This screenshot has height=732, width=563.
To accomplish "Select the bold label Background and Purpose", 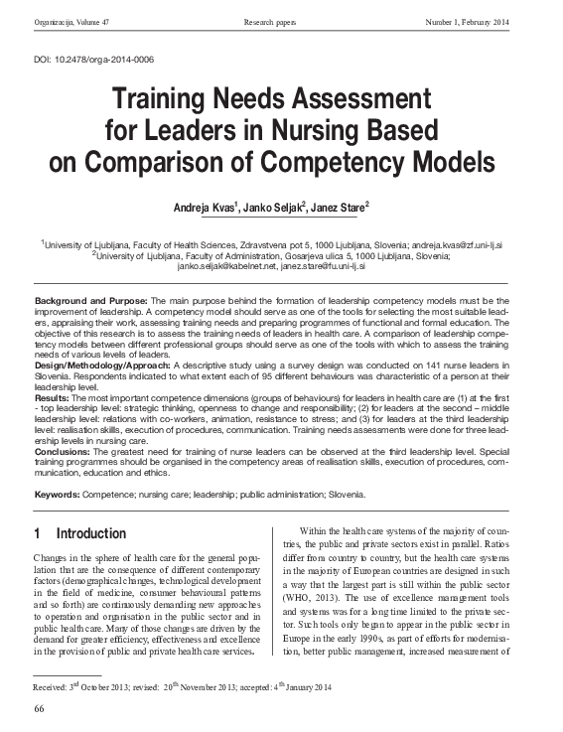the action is click(x=90, y=300).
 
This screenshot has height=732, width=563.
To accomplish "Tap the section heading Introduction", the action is click(x=90, y=533).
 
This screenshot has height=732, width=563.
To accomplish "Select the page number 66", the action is click(x=40, y=707).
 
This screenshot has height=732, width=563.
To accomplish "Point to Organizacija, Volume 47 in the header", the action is click(x=71, y=22).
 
